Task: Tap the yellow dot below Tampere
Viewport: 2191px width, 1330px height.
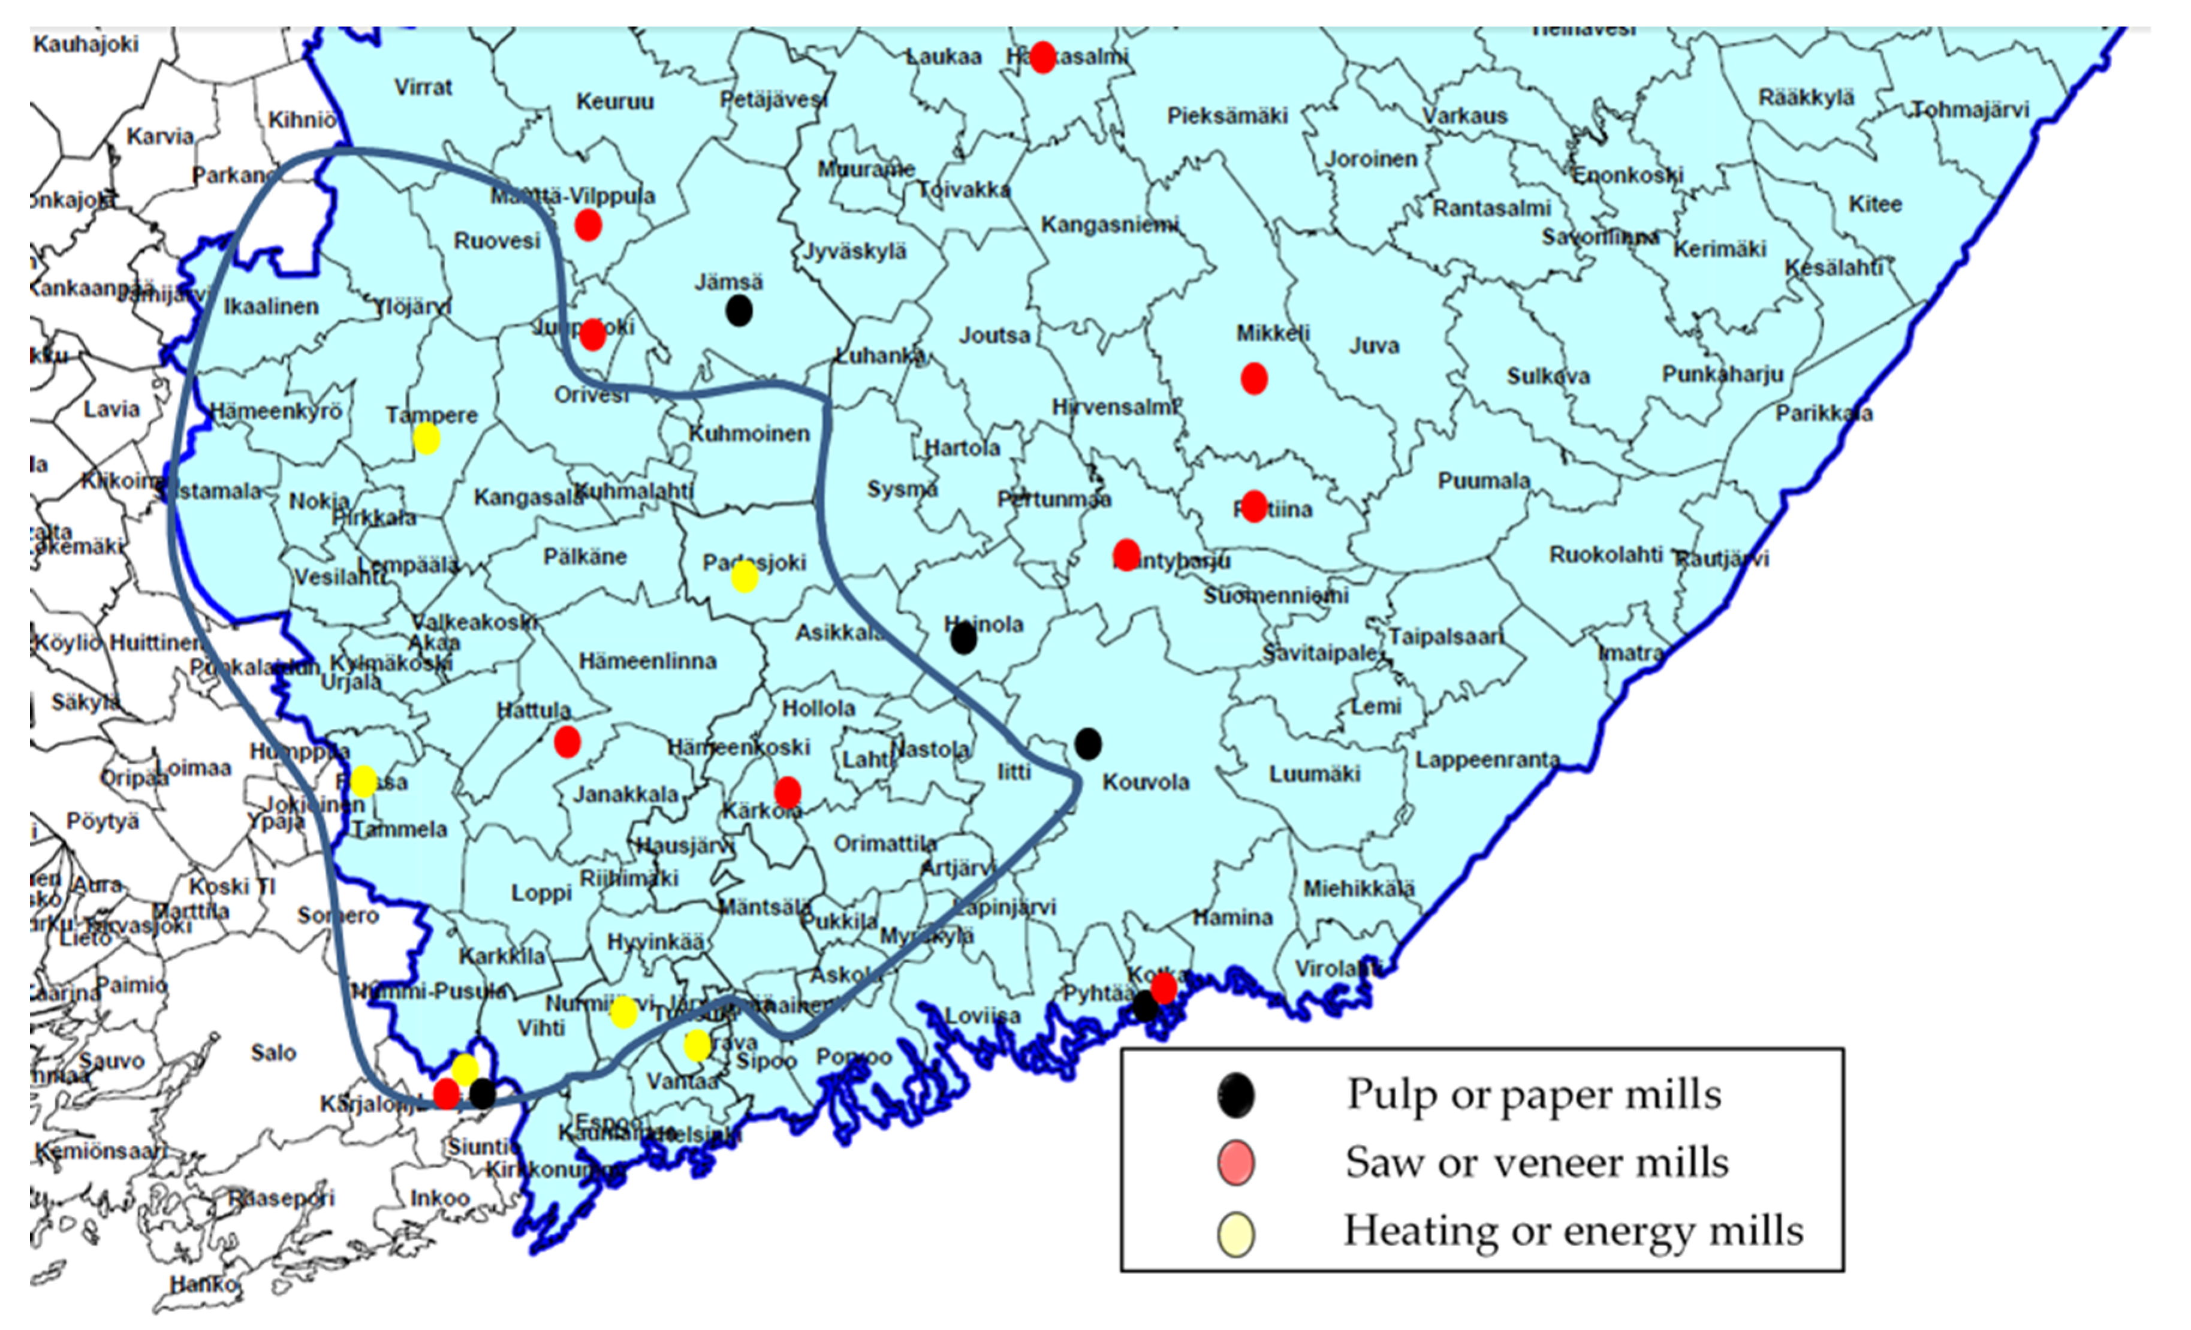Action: pos(427,438)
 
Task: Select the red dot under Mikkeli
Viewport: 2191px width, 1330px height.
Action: pos(1254,379)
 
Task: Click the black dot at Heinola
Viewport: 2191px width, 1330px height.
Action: pos(963,638)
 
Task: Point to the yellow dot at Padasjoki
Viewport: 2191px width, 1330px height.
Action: pos(745,578)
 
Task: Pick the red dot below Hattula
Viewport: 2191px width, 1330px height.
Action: pos(567,741)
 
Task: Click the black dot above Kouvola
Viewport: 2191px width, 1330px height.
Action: pos(1087,743)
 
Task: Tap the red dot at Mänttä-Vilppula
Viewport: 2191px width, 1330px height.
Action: pos(588,225)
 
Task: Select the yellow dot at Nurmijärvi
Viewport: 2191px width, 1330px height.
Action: pos(624,1012)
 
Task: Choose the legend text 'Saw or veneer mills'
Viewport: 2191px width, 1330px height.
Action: pos(1536,1163)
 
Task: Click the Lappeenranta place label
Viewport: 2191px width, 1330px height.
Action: pos(1488,760)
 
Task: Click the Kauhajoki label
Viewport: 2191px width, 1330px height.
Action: pos(86,44)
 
